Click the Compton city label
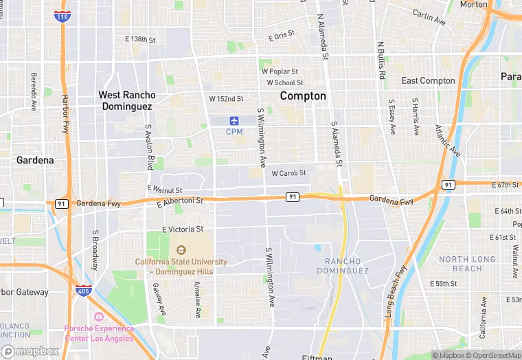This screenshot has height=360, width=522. click(x=303, y=96)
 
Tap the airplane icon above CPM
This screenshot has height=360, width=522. click(x=235, y=121)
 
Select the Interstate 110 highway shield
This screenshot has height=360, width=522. click(x=63, y=16)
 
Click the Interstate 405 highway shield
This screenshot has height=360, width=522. click(x=84, y=291)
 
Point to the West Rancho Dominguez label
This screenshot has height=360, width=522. click(x=127, y=100)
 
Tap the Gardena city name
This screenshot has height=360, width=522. click(x=35, y=160)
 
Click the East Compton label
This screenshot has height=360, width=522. click(x=428, y=81)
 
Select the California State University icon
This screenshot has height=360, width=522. click(x=181, y=250)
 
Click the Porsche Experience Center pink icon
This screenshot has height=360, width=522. click(x=99, y=317)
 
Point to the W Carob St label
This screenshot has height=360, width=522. click(x=288, y=173)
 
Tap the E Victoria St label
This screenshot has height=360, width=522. click(x=183, y=229)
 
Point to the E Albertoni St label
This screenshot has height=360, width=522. click(x=180, y=202)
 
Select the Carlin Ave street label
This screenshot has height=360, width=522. click(x=429, y=18)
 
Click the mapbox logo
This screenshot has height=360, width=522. click(x=31, y=351)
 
